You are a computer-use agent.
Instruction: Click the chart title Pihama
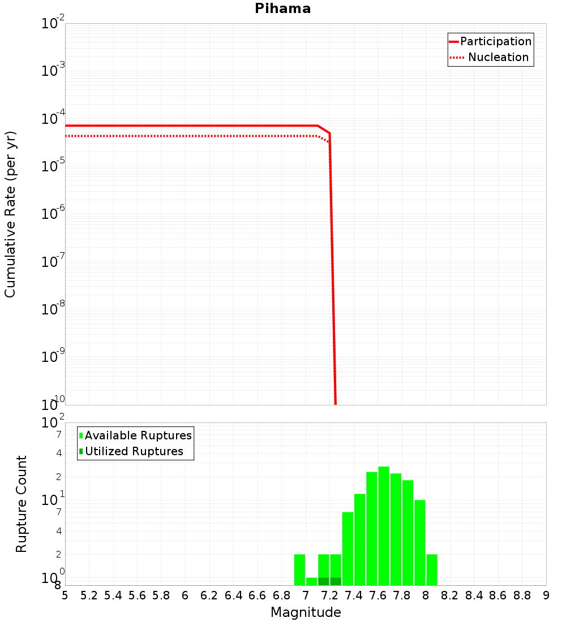(282, 8)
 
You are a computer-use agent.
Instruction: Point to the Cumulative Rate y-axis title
(10, 214)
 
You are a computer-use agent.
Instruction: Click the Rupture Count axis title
(22, 504)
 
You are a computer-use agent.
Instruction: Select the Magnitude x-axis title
(306, 612)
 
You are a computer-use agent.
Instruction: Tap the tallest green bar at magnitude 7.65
(384, 526)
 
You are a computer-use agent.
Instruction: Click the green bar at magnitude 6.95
(299, 569)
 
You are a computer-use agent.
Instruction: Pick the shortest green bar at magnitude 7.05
(311, 581)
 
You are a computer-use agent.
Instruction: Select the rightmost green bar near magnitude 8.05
(432, 569)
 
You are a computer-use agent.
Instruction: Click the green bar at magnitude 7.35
(348, 548)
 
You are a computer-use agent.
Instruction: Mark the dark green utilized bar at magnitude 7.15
(324, 581)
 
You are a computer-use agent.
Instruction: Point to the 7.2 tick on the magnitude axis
(330, 595)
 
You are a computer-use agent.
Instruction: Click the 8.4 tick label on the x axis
(474, 595)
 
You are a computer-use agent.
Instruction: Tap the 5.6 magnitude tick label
(137, 595)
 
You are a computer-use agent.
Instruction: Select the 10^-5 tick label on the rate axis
(54, 166)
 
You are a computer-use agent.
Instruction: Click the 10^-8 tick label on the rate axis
(54, 309)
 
